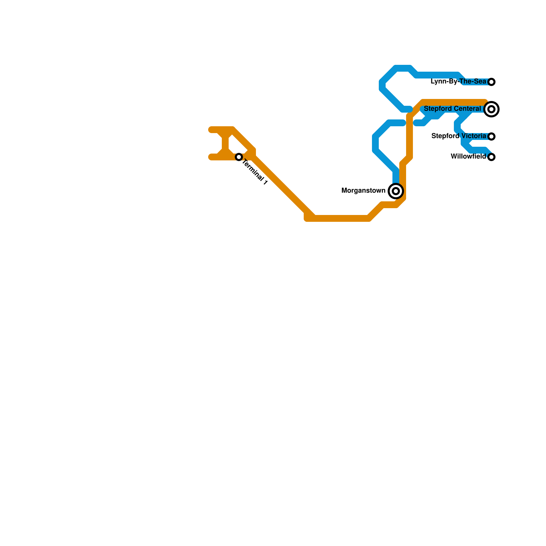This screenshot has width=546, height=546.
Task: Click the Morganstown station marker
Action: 396,191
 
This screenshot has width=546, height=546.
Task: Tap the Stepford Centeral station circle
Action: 491,109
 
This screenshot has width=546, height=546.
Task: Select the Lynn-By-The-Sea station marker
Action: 491,82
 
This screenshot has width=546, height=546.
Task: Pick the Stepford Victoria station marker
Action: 491,136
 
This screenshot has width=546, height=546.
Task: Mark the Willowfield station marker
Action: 491,157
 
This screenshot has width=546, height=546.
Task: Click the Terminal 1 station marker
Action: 239,157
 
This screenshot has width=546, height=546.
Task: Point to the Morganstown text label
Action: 363,191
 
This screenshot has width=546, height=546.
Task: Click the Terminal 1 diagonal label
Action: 255,173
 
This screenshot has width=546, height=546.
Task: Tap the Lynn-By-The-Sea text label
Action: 458,82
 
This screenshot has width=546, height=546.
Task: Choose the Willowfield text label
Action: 468,157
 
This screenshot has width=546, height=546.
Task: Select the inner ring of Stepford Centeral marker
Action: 491,109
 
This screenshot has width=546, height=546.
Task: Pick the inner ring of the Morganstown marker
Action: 396,191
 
